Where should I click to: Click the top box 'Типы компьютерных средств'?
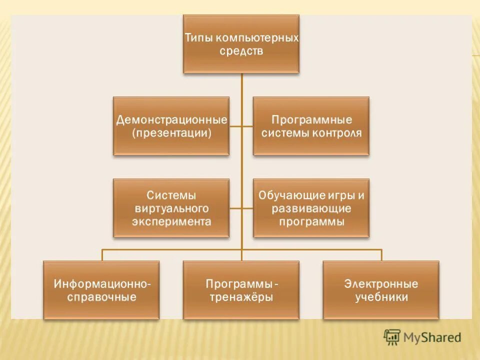tap(241, 44)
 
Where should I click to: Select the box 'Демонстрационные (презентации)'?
tap(171, 126)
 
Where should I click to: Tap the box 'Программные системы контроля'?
tap(311, 126)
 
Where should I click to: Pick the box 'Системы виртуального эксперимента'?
tap(171, 208)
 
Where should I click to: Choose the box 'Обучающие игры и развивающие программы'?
tap(311, 208)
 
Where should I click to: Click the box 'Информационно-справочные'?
tap(101, 290)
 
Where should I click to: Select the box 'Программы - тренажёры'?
tap(241, 290)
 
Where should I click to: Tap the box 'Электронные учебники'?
tap(381, 290)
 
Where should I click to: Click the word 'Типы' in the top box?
tap(196, 38)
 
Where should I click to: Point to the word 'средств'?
tap(241, 51)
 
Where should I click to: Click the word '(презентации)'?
tap(171, 133)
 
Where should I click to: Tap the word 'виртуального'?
tap(171, 208)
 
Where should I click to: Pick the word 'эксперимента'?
tap(171, 221)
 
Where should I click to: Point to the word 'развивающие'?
tap(311, 208)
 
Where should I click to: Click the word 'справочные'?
tap(101, 297)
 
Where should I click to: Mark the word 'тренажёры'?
tap(241, 297)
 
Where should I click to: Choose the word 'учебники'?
tap(381, 297)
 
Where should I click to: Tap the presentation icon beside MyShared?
tap(392, 337)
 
